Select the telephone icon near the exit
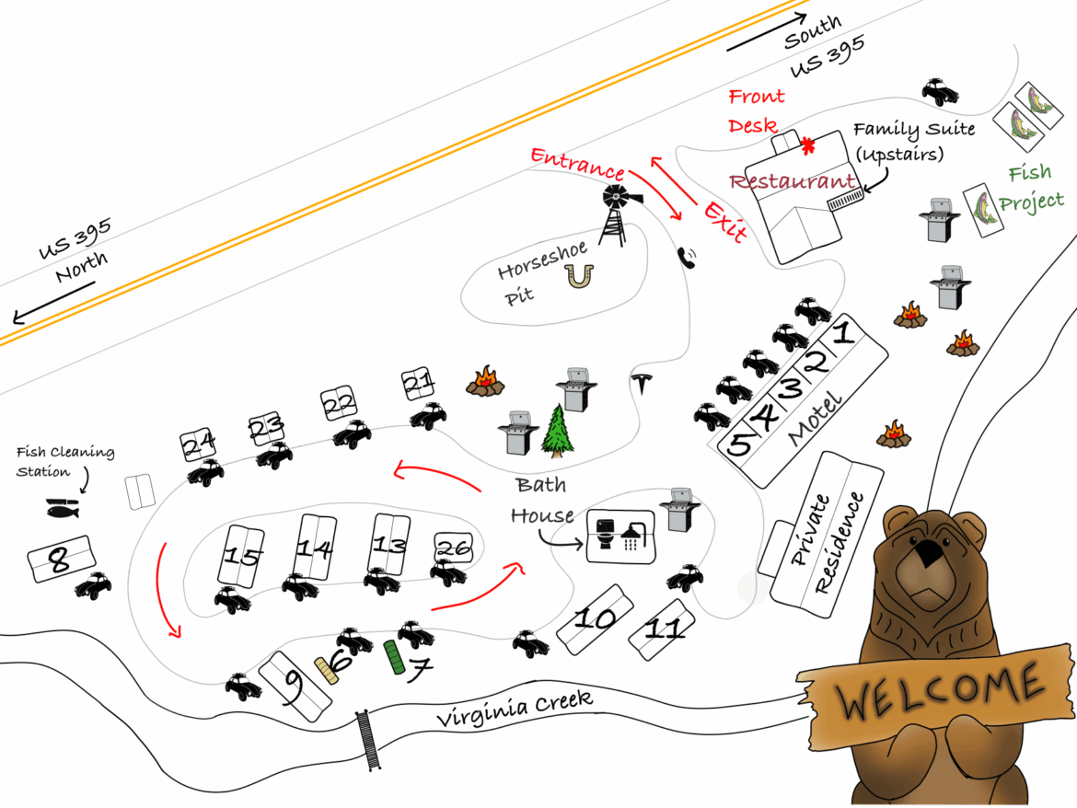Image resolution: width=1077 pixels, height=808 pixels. click(x=687, y=257)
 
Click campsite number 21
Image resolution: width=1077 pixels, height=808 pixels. click(x=418, y=383)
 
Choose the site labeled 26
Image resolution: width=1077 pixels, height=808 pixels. click(x=453, y=548)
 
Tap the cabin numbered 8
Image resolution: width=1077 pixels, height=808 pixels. click(x=60, y=559)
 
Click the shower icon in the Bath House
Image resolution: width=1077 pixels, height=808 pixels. click(x=631, y=534)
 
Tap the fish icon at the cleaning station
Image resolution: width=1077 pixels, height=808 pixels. click(x=63, y=507)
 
